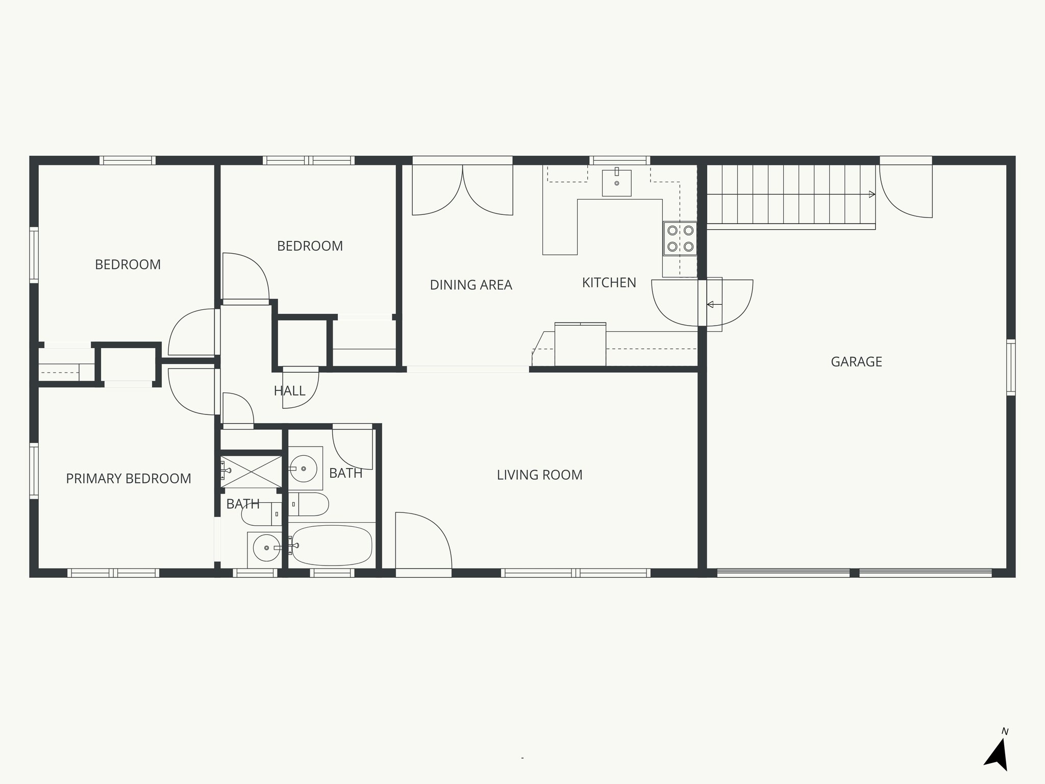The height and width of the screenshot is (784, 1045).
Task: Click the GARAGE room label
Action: coord(856,362)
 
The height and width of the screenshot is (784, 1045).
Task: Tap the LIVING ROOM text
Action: coord(539,475)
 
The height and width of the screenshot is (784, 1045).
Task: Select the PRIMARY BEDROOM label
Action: coord(129,478)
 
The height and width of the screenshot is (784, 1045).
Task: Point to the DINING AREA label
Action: coord(470,285)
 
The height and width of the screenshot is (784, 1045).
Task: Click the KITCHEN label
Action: coord(609,283)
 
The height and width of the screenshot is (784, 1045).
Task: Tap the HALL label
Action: coord(289,391)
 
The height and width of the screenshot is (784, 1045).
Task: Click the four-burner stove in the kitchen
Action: coord(680,238)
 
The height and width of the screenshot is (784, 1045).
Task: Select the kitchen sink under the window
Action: coord(616,183)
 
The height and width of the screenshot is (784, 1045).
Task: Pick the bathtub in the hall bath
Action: coord(332,545)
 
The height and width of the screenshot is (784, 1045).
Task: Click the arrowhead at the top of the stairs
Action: coord(872,194)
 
